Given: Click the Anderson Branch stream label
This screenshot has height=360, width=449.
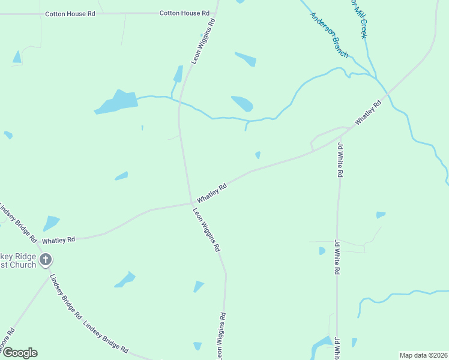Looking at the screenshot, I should click(x=329, y=35).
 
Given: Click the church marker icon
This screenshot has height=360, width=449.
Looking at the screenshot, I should click(x=46, y=260).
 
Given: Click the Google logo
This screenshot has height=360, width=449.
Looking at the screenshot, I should click(x=20, y=353).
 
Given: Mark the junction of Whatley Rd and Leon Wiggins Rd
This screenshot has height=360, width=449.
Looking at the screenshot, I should click(x=191, y=203).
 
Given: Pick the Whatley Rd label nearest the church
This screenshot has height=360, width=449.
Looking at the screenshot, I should click(x=58, y=239).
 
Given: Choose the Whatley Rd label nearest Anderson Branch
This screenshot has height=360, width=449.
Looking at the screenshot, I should click(x=368, y=113).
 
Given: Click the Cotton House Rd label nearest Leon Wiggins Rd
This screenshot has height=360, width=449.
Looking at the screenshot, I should click(x=184, y=13).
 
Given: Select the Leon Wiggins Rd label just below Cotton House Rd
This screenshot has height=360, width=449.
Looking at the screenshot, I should click(x=203, y=41).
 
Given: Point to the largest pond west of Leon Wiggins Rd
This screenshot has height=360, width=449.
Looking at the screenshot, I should click(x=116, y=103).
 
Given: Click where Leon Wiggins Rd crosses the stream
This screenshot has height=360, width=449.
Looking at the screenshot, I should click(x=179, y=103).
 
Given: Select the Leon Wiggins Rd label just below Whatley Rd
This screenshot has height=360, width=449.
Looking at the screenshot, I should click(x=206, y=229).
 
